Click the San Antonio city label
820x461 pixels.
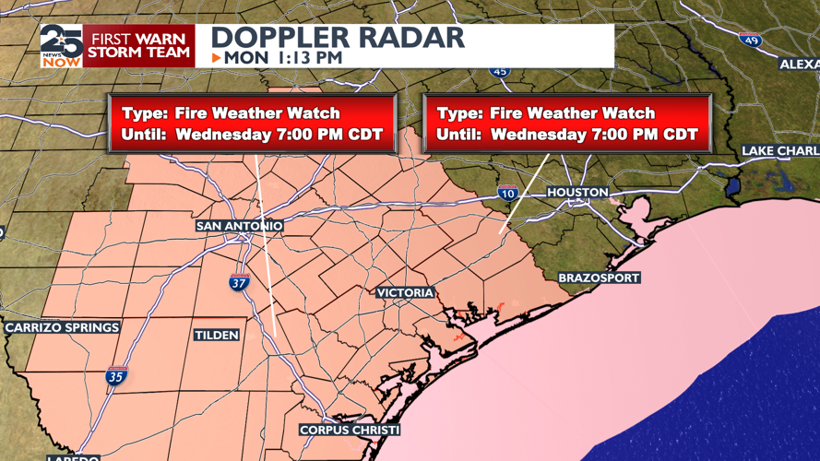[x=239, y=226]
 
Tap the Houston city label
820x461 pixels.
[x=577, y=193]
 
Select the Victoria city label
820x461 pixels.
[x=405, y=292]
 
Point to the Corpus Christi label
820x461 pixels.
[x=350, y=431]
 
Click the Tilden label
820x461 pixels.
[x=217, y=335]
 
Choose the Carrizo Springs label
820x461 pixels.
[x=63, y=327]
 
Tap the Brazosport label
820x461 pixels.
[x=599, y=278]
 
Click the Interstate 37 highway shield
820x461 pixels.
[x=239, y=283]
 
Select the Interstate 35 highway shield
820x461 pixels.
[x=116, y=375]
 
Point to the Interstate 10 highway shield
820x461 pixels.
[x=507, y=193]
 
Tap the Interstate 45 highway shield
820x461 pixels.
[x=499, y=70]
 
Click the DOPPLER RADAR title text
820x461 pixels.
[x=338, y=38]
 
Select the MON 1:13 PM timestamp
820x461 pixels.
[x=283, y=58]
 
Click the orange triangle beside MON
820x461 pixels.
[x=216, y=58]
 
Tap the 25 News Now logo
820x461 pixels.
[x=61, y=46]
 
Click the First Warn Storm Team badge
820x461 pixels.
[x=138, y=46]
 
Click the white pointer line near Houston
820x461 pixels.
[x=524, y=194]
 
